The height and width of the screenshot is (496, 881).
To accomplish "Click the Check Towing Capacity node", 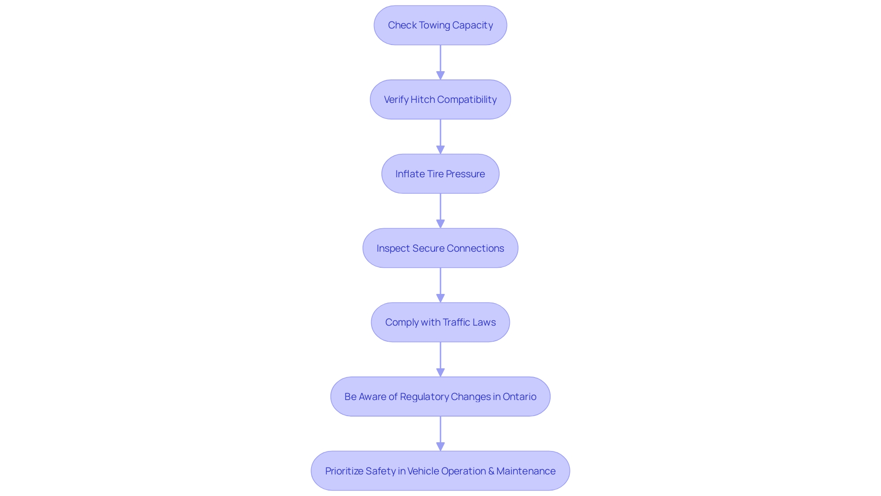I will coord(440,25).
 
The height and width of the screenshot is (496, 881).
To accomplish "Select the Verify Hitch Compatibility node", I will coord(440,100).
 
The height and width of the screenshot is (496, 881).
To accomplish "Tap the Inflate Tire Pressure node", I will coord(440,174).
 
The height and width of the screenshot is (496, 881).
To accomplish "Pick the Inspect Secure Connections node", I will coord(440,248).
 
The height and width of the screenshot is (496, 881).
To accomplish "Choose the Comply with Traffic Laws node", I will coord(440,322).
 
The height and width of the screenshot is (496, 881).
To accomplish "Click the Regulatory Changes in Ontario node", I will coord(440,397).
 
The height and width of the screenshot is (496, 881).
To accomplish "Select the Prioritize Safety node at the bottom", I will coord(440,471).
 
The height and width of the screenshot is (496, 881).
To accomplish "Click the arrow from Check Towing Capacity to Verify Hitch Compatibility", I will coord(440,62).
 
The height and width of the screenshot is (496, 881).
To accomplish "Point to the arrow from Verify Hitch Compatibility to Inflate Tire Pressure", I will coord(440,137).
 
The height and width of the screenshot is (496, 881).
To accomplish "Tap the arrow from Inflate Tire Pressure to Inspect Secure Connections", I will coord(440,211).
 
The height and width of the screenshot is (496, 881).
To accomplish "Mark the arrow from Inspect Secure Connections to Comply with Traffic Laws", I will coord(440,285).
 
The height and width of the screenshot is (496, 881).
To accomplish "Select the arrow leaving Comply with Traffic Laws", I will coord(440,360).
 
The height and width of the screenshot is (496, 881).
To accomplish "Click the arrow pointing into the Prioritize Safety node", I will coord(440,434).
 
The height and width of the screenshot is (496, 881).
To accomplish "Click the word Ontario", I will coord(519,397).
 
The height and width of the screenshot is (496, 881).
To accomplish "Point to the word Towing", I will coord(434,25).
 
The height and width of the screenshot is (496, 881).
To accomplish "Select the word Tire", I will coord(435,174).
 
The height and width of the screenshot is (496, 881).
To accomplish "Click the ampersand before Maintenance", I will coord(491,471).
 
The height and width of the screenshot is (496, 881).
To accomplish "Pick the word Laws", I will coord(485,322).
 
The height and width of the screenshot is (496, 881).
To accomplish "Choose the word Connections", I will coord(475,248).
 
